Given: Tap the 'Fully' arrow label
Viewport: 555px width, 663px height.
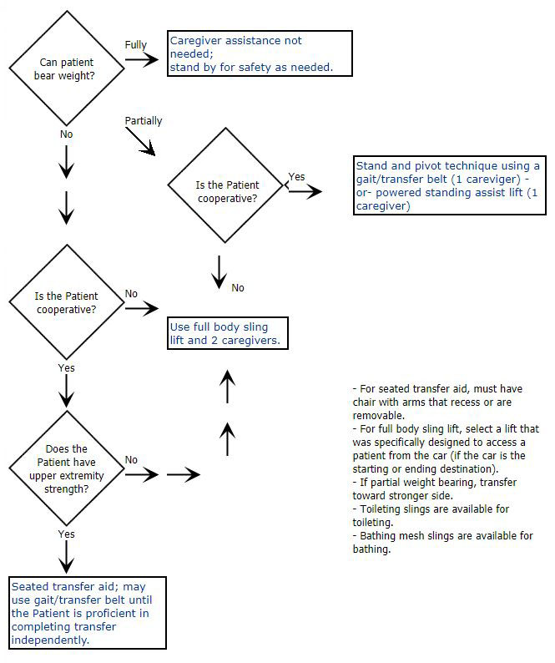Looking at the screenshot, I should point(135,45).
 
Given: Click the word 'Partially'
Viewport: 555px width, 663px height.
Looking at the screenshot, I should point(144,121).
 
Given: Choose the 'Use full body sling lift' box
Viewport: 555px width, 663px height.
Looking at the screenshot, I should point(228,333).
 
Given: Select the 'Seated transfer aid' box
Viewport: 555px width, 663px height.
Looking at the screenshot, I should point(88,613).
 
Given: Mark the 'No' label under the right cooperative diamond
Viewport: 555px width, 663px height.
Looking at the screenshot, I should point(238,288).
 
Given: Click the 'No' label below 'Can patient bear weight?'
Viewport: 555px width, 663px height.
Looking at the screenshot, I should point(66,134).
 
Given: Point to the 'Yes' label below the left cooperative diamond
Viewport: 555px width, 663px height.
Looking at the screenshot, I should point(66,367).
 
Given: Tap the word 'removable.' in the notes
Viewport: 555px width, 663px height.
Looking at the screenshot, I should point(379,415).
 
